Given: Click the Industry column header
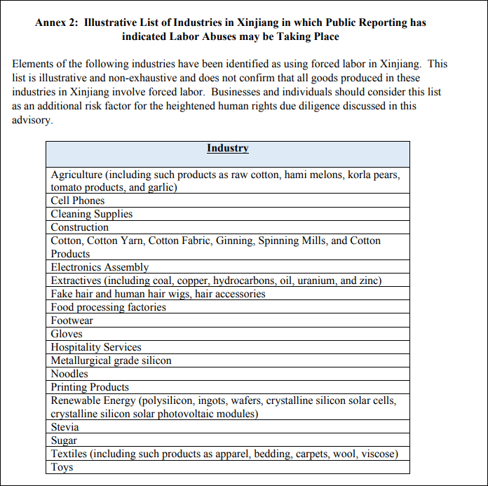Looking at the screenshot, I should (227, 148).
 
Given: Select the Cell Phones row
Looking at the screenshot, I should (78, 201).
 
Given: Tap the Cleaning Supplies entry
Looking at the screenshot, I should (91, 214).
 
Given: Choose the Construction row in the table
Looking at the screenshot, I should (79, 227).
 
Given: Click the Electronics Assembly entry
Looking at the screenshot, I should (100, 267).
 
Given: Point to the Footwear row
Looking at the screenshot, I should (72, 320).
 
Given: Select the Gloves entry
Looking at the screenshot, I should (67, 334).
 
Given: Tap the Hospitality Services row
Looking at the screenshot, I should (96, 347).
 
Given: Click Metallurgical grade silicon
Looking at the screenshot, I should (111, 360).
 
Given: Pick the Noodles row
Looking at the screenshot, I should (69, 374).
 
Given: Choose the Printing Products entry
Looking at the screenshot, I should (90, 387).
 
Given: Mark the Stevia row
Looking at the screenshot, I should (65, 427).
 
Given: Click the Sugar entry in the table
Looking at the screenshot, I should (64, 440).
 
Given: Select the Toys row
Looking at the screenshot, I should (62, 467).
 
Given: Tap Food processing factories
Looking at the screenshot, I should (108, 307).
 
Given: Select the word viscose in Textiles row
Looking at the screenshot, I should (379, 454).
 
